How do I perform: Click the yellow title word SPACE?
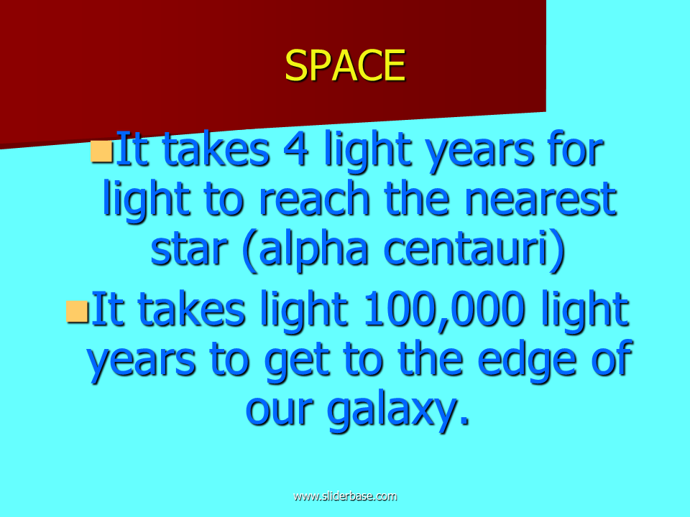[345, 65]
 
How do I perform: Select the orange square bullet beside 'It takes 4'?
[101, 152]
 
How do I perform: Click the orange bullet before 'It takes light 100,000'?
[77, 311]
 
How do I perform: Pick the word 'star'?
[189, 249]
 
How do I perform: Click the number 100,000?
[445, 310]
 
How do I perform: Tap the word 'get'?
[298, 362]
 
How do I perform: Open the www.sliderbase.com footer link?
[345, 496]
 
